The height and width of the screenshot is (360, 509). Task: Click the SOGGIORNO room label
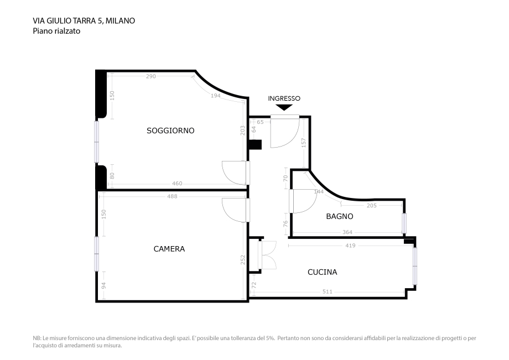click(x=170, y=131)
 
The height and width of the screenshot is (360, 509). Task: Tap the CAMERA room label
click(x=169, y=249)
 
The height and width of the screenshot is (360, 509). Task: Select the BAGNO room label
click(x=339, y=217)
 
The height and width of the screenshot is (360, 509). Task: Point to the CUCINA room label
click(x=322, y=272)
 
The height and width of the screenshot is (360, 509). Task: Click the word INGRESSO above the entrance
click(x=284, y=98)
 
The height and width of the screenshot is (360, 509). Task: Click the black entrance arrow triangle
click(x=284, y=107)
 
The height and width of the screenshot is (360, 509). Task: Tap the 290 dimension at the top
click(x=150, y=76)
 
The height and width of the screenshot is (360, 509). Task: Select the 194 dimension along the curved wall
click(x=215, y=96)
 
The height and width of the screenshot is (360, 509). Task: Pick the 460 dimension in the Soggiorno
click(x=177, y=184)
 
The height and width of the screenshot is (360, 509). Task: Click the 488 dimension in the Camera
click(x=172, y=196)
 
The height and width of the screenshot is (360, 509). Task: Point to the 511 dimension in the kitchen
click(x=328, y=291)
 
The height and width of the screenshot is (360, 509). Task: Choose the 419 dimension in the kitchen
click(x=350, y=245)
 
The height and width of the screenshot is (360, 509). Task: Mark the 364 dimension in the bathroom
click(x=347, y=232)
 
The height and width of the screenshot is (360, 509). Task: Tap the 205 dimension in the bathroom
click(x=372, y=205)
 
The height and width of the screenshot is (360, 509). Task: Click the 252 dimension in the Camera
click(x=243, y=260)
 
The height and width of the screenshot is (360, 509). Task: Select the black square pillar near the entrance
click(x=254, y=145)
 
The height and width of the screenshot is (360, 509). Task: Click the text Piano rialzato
click(x=56, y=32)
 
